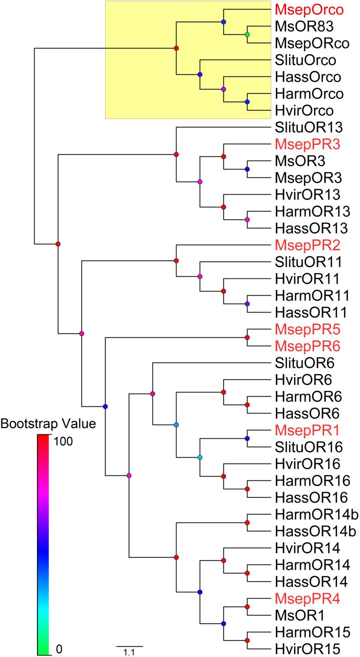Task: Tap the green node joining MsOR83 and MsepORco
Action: click(247, 35)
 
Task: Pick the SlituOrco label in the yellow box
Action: click(305, 60)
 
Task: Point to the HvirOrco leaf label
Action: click(305, 110)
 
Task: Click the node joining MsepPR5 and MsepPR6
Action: click(247, 338)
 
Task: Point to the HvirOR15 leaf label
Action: click(307, 648)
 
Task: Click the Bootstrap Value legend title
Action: click(48, 424)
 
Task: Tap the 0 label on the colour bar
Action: click(58, 648)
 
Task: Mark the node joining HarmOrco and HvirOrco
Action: click(247, 102)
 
